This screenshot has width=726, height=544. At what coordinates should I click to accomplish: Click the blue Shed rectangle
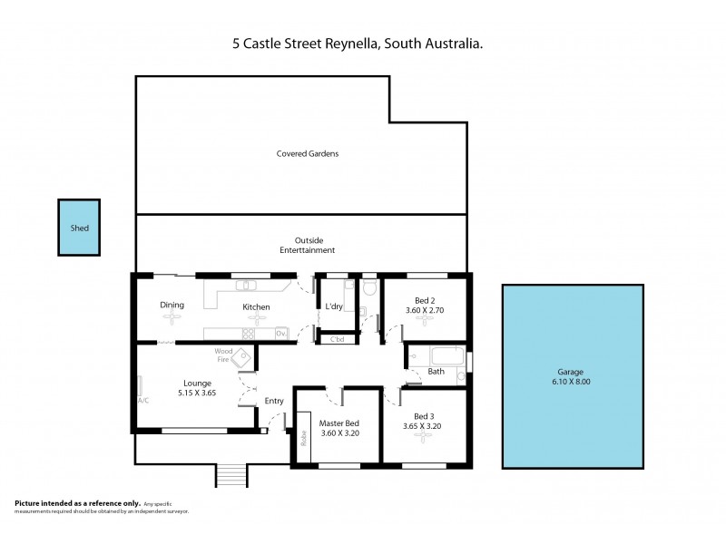(80, 228)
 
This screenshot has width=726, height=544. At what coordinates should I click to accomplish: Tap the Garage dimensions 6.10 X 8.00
(570, 382)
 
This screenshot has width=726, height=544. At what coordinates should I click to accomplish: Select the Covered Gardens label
(308, 153)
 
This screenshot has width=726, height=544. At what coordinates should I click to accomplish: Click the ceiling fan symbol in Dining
(166, 319)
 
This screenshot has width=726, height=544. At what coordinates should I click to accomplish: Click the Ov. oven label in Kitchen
(281, 334)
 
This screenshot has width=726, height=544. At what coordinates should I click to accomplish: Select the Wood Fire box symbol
(242, 360)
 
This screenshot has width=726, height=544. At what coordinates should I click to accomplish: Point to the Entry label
(274, 402)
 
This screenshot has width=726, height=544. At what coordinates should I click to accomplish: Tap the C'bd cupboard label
(337, 340)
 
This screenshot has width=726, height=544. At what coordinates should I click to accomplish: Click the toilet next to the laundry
(368, 288)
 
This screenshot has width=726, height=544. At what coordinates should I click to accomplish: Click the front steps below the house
(231, 474)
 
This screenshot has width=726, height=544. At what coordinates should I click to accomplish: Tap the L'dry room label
(334, 306)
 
